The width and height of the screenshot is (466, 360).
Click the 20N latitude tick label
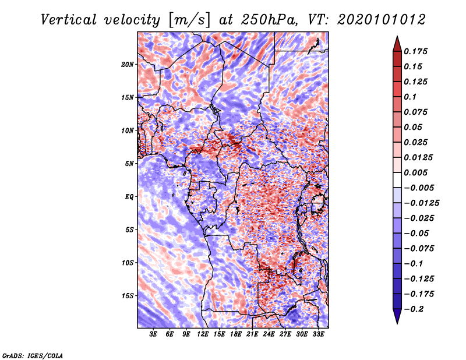[128, 64]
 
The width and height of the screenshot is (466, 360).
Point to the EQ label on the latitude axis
[129, 197]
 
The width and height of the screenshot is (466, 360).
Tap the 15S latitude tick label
[128, 296]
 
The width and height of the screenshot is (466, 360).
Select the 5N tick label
[129, 164]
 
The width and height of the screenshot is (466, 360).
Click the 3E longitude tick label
[154, 335]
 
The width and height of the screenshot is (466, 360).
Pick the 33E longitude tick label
[319, 335]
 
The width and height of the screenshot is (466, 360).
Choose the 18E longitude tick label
[236, 335]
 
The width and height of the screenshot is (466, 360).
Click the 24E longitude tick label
[269, 335]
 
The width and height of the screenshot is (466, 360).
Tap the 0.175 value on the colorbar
[417, 51]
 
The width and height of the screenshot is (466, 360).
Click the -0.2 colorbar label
[415, 309]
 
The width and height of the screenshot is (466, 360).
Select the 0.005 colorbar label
[417, 173]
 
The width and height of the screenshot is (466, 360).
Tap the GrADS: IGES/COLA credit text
[32, 355]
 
